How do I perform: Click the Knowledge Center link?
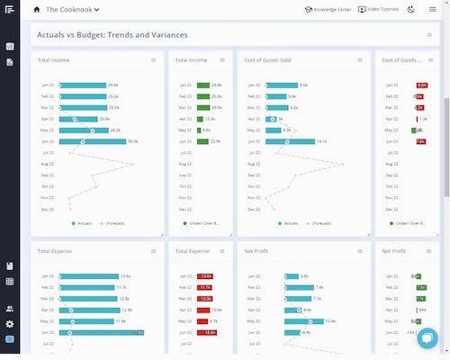point(328,9)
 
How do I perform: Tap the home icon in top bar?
point(37,9)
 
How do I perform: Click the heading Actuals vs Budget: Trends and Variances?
point(112,35)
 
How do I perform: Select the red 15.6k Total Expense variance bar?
point(206,332)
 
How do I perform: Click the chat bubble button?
point(427,338)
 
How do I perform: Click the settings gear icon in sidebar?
point(9,323)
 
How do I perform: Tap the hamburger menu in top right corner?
point(433,9)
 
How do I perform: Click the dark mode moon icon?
point(410,9)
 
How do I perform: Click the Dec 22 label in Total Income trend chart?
point(48,208)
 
